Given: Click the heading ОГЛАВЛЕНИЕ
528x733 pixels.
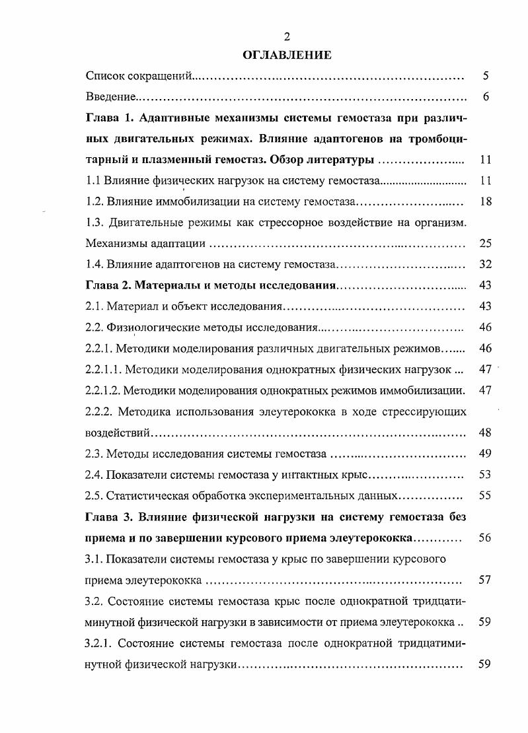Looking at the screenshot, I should [287, 54].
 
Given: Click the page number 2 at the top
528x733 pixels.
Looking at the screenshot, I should [287, 36].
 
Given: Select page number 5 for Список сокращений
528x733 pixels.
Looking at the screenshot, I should [486, 76].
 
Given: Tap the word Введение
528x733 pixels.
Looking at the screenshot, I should [110, 97].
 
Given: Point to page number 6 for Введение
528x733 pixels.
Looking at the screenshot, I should [486, 97].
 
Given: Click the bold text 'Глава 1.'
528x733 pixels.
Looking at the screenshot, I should [110, 118].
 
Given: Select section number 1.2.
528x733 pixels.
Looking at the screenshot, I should [96, 201].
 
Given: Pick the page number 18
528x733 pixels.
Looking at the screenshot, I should [485, 201].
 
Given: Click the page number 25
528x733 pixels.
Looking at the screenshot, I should [485, 244].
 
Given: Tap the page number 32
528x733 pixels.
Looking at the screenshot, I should [485, 265].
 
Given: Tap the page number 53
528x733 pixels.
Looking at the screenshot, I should [485, 475].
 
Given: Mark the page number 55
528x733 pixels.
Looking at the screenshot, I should [485, 496].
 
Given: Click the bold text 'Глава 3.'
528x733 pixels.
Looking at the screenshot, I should [110, 517].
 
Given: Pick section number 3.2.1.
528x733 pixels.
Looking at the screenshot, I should [99, 643].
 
